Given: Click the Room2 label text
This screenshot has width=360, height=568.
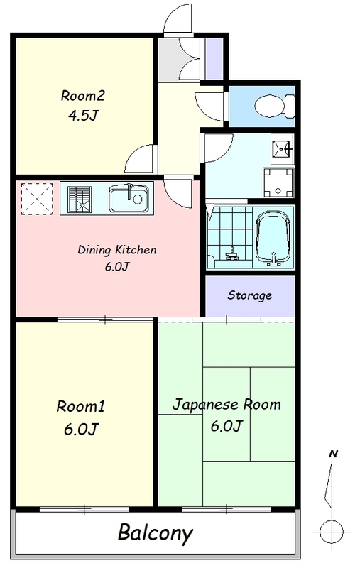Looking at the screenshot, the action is click(83, 96).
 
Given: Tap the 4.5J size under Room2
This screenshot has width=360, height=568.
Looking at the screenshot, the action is click(83, 115).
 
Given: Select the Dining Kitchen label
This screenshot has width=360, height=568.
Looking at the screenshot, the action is click(117, 250).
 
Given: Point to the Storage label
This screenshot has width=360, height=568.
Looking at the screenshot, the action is click(249, 295).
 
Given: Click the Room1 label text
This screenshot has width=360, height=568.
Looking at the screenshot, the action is click(80, 406).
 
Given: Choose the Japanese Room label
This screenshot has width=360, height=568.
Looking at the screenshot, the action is click(227, 405).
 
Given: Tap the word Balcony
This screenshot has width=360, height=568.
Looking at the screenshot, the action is click(156, 533).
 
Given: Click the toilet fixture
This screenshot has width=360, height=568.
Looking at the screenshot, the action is click(275, 106).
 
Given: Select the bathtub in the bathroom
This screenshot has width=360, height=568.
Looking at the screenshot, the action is click(273, 237).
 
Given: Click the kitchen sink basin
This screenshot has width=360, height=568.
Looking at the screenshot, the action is click(129, 199).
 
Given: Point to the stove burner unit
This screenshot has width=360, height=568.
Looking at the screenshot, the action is click(80, 200).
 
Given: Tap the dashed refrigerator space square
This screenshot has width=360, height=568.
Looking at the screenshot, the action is click(37, 199).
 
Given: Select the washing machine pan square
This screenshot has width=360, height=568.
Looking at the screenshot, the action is click(278, 182).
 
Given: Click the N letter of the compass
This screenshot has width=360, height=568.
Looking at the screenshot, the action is click(333, 454).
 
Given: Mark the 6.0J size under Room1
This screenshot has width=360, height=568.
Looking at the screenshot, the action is click(81, 429).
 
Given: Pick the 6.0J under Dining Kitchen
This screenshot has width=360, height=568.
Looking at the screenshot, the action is click(117, 267).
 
